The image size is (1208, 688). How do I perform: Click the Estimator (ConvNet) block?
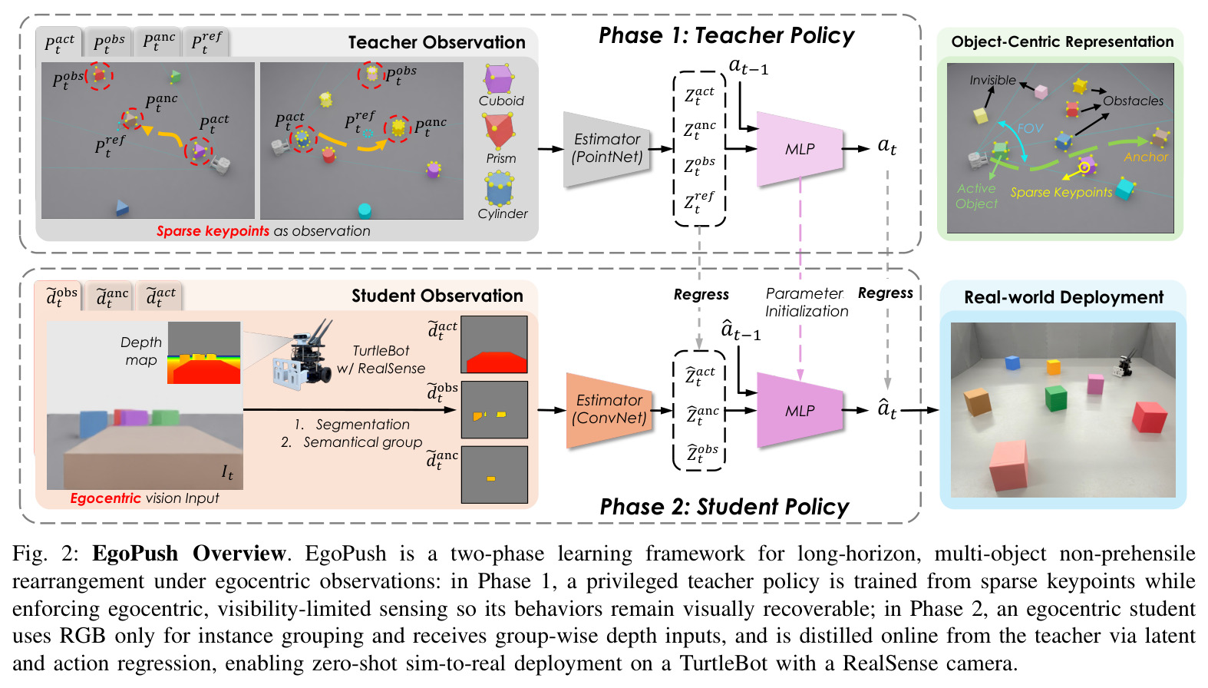point(609,409)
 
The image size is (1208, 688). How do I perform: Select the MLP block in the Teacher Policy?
point(800,149)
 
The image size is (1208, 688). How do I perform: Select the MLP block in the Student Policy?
point(800,411)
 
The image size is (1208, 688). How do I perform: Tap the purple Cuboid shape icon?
point(498,79)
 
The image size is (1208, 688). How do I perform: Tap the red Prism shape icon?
point(499,131)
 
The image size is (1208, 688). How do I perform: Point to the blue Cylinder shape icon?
point(500,190)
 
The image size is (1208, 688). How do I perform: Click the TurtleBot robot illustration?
point(304,353)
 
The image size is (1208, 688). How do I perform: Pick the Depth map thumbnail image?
point(204,353)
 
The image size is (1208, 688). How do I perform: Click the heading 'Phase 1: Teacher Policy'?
point(727,35)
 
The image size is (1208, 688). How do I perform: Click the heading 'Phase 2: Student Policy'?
point(724,507)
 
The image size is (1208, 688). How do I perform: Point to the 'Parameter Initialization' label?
point(807,303)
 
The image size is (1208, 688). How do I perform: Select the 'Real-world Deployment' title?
point(1064,297)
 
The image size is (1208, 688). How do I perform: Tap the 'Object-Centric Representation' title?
point(1062,42)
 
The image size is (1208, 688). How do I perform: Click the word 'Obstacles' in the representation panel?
point(1133,101)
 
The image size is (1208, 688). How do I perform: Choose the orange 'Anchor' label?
point(1145,157)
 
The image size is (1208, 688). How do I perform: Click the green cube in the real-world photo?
point(1056,399)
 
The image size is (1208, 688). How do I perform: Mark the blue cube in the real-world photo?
point(1012,362)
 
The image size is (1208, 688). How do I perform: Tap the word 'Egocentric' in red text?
point(106,498)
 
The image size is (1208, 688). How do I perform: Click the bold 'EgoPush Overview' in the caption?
point(189,554)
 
